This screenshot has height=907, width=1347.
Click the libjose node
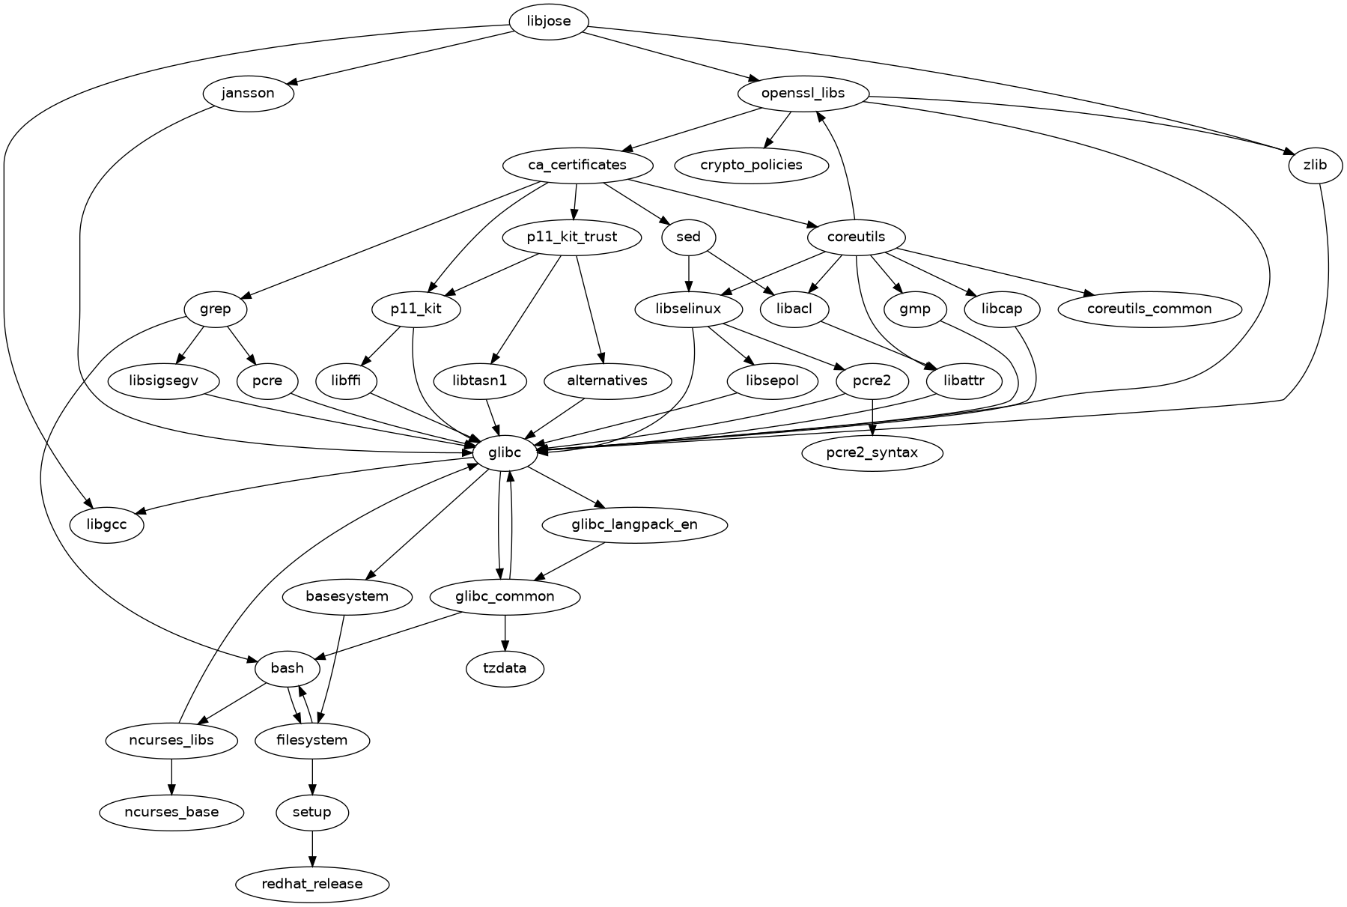point(549,21)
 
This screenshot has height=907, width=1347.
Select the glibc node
point(505,452)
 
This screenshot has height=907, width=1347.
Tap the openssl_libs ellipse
point(803,94)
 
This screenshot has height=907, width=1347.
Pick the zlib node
point(1315,166)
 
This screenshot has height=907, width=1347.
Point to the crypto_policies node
point(751,166)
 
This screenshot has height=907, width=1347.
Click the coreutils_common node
point(1149,309)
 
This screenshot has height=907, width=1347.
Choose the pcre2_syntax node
point(872,452)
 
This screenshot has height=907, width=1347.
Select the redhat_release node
point(312,884)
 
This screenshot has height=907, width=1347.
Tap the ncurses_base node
point(171,812)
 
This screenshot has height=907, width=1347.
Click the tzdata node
point(505,668)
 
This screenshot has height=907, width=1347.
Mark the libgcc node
point(106,524)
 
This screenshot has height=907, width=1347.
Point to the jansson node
point(249,94)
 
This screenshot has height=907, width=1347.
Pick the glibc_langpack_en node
point(634,524)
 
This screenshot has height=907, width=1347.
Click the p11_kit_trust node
point(572,237)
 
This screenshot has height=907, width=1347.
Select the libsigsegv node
point(163,380)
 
